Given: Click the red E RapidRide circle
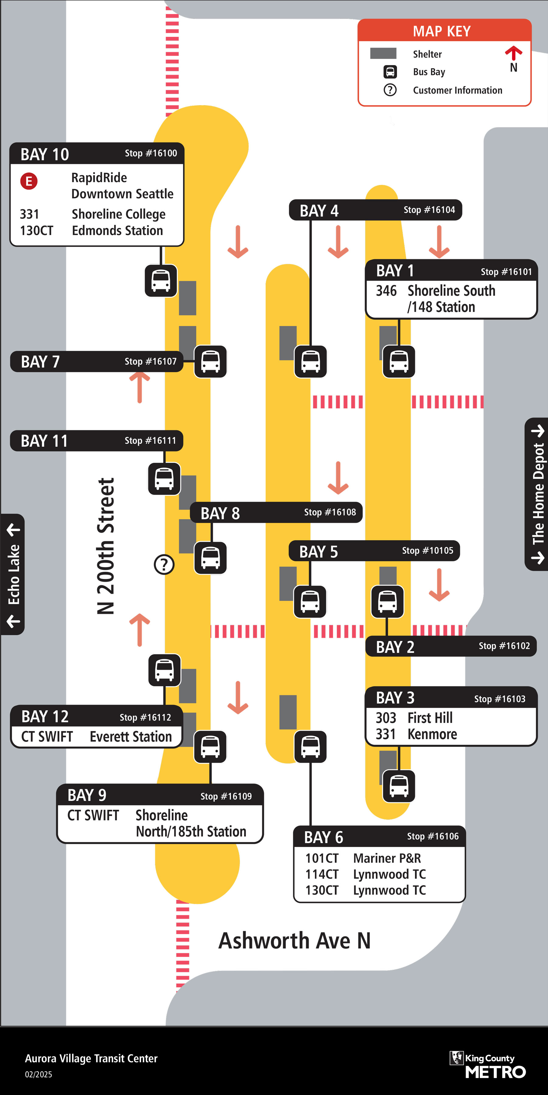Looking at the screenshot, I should click(x=29, y=181).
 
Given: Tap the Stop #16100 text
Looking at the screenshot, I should click(x=151, y=153).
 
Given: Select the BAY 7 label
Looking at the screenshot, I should click(x=40, y=362).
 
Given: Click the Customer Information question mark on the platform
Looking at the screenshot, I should click(x=164, y=564).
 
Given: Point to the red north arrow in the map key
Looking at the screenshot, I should click(x=514, y=53).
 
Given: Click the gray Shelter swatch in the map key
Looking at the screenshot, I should click(x=383, y=54).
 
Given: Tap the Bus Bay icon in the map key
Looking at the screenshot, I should click(x=390, y=72).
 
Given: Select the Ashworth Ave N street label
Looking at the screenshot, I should click(x=294, y=941).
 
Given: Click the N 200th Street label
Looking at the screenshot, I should click(x=106, y=546).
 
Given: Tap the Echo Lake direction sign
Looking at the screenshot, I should click(x=13, y=574).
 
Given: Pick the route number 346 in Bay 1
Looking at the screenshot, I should click(x=386, y=291).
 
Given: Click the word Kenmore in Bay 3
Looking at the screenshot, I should click(x=432, y=734).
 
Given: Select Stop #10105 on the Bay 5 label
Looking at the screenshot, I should click(x=428, y=550).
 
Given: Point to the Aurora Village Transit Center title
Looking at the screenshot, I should click(x=91, y=1059).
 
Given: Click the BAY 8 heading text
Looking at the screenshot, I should click(x=220, y=514).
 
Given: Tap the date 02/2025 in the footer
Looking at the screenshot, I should click(x=38, y=1075).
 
